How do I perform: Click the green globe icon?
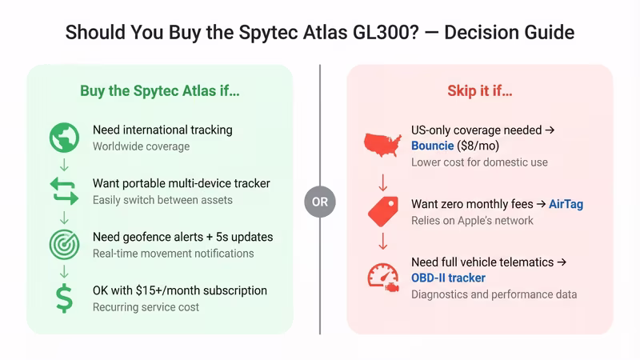click(64, 138)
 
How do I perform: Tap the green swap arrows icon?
click(64, 190)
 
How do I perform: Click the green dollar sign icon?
click(64, 298)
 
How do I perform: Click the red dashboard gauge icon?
click(382, 277)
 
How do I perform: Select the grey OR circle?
click(320, 202)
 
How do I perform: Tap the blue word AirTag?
click(566, 204)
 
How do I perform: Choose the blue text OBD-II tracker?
click(448, 278)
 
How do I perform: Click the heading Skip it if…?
click(479, 90)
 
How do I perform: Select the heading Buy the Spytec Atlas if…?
click(160, 90)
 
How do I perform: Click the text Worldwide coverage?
click(141, 146)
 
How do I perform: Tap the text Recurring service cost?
click(146, 306)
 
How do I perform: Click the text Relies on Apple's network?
click(472, 220)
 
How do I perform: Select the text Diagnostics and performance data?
click(494, 294)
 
